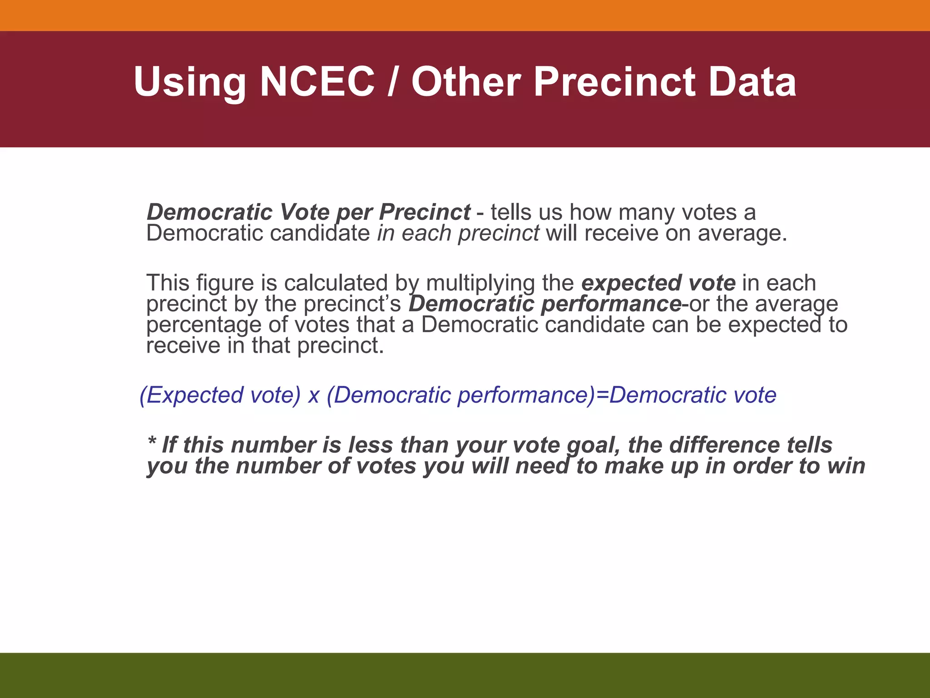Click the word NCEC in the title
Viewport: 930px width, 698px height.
[317, 82]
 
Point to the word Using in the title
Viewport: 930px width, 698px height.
[190, 83]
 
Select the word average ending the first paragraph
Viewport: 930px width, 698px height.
[742, 234]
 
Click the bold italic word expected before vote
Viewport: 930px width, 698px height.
[631, 283]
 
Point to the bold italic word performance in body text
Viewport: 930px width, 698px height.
[611, 304]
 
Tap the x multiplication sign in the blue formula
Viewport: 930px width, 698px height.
[313, 395]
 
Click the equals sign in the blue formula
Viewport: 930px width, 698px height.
[602, 395]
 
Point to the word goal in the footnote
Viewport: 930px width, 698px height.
[593, 445]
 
